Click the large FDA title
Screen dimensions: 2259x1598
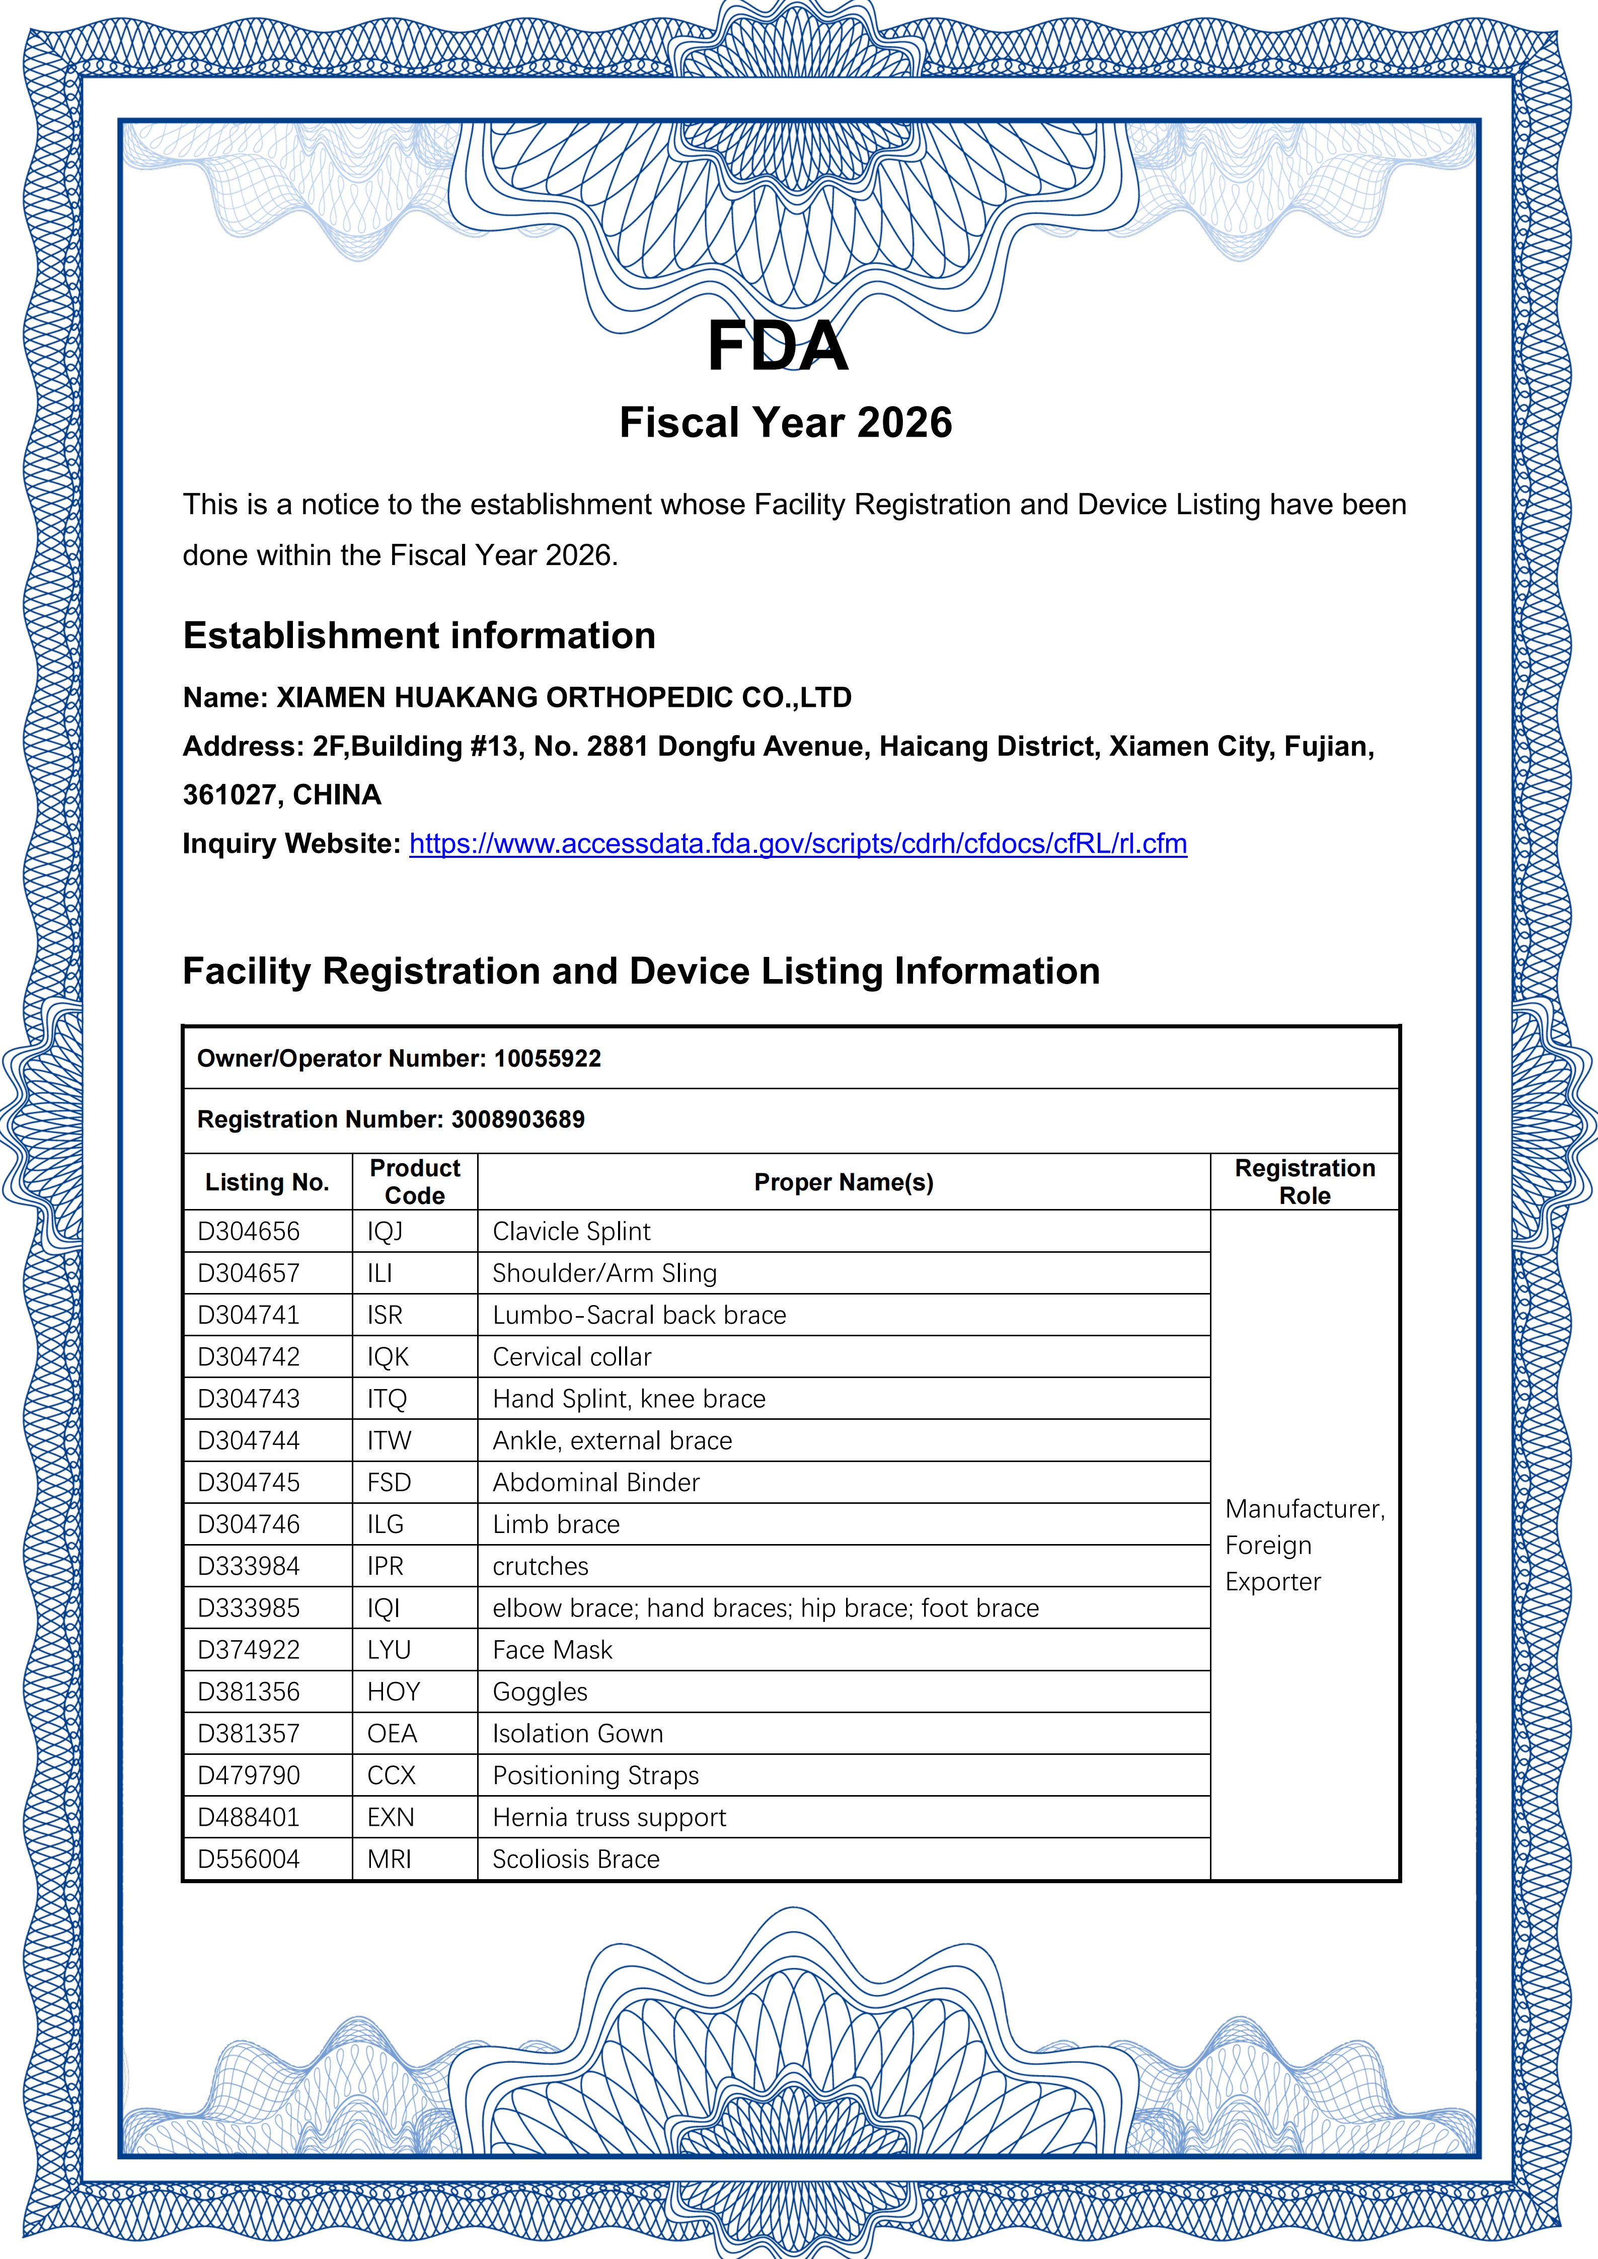tap(777, 346)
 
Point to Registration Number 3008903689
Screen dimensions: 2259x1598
tap(517, 1119)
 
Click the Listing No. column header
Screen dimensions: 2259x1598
tap(267, 1183)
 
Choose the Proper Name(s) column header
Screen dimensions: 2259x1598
tap(843, 1183)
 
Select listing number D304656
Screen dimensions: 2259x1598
tap(249, 1232)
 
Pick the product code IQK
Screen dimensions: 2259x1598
tap(388, 1358)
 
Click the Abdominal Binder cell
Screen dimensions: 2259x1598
tap(595, 1483)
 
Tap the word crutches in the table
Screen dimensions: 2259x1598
tap(540, 1566)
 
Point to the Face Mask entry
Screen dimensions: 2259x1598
tap(552, 1650)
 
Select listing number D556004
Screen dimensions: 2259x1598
tap(249, 1860)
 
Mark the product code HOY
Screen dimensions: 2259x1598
tap(394, 1692)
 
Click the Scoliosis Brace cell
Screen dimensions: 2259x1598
tap(576, 1860)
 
